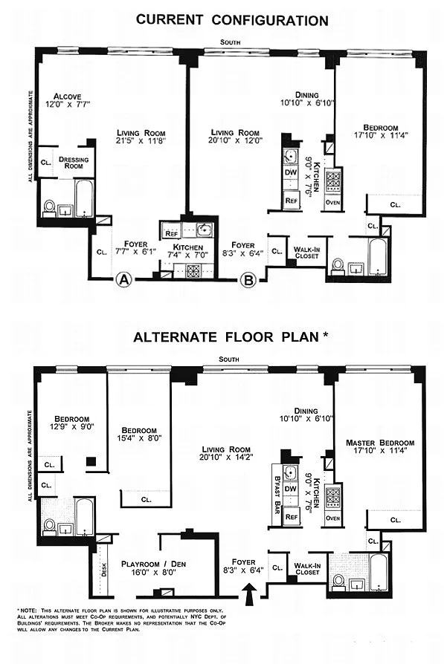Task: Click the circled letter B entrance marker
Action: [248, 279]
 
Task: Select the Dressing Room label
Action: [74, 163]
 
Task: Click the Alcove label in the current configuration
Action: [68, 97]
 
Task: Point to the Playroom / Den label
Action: [153, 564]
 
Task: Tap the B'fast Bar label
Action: [277, 494]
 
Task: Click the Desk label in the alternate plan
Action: [104, 569]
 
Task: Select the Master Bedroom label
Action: [380, 443]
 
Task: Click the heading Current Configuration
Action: [232, 20]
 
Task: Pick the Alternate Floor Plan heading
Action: [231, 336]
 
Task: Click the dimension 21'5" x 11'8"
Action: [141, 140]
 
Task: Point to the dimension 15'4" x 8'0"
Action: [139, 438]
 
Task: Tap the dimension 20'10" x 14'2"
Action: [226, 457]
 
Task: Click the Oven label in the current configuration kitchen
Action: [333, 203]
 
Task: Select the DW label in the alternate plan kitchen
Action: [291, 489]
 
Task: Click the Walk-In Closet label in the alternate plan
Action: [307, 569]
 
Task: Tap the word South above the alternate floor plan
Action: [229, 359]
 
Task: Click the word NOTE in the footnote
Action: [28, 611]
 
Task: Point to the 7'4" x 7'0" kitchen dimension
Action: [188, 255]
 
